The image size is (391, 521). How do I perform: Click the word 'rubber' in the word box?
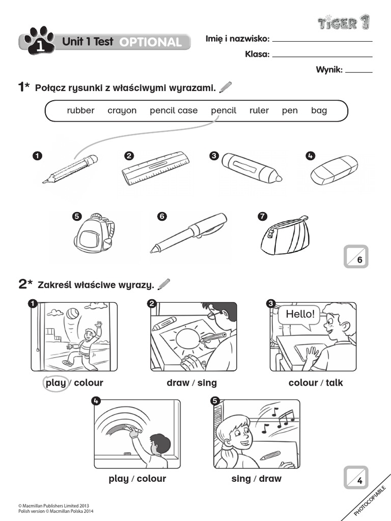(x=80, y=110)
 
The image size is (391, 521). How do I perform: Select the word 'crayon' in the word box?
(x=122, y=110)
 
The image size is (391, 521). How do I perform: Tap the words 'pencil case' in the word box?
(x=174, y=110)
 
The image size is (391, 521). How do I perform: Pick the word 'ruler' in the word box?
(x=259, y=110)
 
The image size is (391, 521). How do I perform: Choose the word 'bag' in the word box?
(x=319, y=110)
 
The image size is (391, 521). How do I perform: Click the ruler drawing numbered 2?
(x=156, y=168)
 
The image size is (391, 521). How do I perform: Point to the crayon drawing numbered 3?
(x=252, y=167)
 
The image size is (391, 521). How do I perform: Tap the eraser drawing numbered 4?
(x=334, y=170)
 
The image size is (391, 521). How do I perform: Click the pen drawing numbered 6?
(x=190, y=232)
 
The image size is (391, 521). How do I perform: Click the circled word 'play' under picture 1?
(x=55, y=383)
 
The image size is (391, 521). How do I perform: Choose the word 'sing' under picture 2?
(x=207, y=383)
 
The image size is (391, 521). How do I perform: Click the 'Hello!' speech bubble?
(x=300, y=314)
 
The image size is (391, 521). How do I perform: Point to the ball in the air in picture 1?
(x=72, y=313)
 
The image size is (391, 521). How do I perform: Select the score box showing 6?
(x=356, y=256)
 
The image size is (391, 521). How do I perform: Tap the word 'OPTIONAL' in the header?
(x=150, y=42)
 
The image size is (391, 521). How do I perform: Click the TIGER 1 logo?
(x=344, y=22)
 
